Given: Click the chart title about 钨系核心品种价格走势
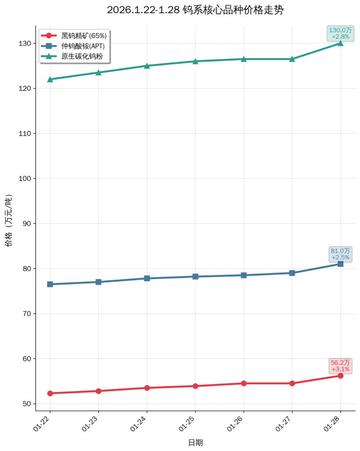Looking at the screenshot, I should [x=195, y=10].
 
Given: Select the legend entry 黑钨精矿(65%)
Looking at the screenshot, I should [x=84, y=36].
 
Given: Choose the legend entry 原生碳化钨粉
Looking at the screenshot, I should [x=79, y=56].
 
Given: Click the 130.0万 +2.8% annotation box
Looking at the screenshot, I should [x=341, y=33].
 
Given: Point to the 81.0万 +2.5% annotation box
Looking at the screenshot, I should [x=341, y=254].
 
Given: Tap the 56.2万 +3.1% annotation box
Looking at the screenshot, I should [x=341, y=366].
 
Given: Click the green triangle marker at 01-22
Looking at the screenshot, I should [x=50, y=79].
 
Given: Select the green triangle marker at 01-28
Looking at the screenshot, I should [x=340, y=43].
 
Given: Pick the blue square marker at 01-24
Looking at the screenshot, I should [x=147, y=278].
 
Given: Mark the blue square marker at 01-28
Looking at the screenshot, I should [x=340, y=264].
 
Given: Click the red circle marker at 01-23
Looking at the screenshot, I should [x=99, y=391].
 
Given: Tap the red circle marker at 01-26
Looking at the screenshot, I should [x=244, y=383].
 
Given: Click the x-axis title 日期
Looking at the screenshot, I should [x=195, y=443].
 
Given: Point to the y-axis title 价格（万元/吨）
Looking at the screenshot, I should [x=9, y=220].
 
